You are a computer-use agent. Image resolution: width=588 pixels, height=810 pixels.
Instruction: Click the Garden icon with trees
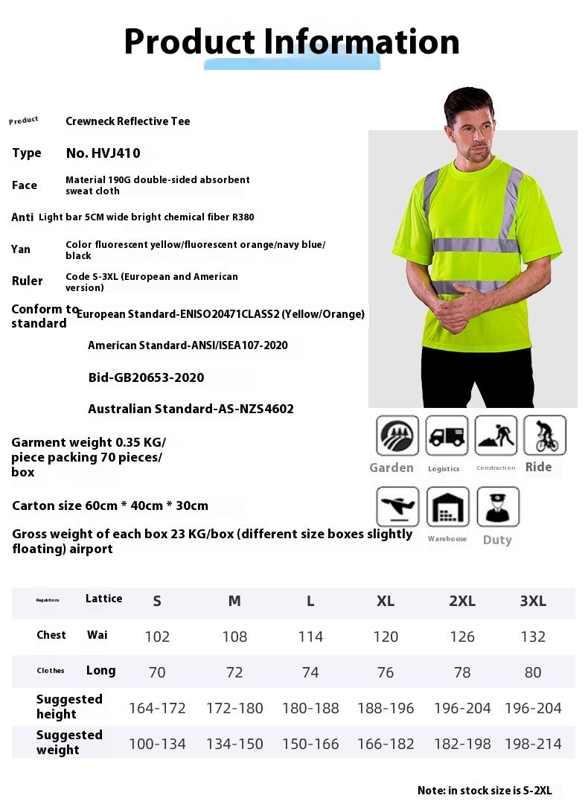click(x=397, y=436)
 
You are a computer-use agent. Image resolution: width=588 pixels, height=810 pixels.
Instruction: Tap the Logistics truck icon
click(x=447, y=436)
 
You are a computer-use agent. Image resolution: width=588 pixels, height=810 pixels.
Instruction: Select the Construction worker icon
click(x=496, y=436)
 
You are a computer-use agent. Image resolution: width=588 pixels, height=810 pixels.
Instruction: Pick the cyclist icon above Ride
click(x=545, y=436)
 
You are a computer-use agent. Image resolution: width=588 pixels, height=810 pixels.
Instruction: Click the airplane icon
click(x=397, y=507)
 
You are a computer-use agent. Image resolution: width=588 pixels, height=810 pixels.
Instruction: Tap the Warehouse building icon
click(x=447, y=507)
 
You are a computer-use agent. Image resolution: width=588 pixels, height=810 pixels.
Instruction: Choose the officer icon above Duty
click(x=497, y=507)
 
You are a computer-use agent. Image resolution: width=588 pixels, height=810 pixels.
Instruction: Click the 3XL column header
click(x=533, y=602)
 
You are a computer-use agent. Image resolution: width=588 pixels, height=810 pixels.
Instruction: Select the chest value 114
click(x=310, y=637)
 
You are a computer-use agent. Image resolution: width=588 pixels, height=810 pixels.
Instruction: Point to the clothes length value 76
click(x=386, y=672)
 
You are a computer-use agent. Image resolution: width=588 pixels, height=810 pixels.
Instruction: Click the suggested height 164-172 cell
click(x=157, y=708)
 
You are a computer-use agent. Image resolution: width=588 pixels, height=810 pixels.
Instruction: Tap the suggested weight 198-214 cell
click(x=533, y=744)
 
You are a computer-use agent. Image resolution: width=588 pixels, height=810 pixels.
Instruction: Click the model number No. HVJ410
click(x=103, y=153)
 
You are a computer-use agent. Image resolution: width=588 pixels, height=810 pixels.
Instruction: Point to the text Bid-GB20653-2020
click(x=146, y=377)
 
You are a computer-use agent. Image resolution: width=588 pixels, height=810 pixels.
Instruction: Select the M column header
click(x=234, y=602)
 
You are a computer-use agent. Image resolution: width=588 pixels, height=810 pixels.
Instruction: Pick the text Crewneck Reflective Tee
click(x=128, y=121)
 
